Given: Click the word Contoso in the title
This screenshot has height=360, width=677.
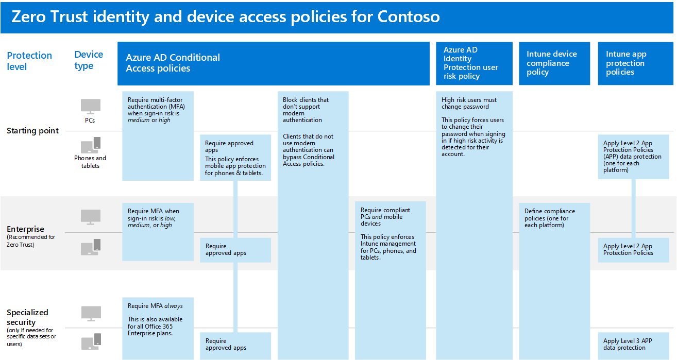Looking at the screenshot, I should pos(409,16).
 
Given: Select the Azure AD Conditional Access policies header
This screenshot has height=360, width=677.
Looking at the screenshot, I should pos(273,63).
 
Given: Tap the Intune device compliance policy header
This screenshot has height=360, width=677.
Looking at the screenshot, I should pos(554,63).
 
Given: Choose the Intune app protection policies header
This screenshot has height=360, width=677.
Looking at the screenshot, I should pos(635,63).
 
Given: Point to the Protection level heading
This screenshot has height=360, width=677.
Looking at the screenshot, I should pos(29,61).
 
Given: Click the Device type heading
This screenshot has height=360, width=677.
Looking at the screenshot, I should pos(88,60).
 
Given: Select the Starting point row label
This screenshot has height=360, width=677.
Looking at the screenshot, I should pos(32,131).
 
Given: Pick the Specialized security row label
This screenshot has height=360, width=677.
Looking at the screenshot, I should pos(28,317).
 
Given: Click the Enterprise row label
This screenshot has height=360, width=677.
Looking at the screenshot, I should pos(25,229).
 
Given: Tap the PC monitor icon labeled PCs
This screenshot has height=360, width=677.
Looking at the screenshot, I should pos(90,107).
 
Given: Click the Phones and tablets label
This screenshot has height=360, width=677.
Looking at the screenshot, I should pos(90,162).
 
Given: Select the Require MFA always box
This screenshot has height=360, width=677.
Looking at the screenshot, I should pos(158,328).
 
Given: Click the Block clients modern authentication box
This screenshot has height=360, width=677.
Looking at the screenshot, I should pos(313,225).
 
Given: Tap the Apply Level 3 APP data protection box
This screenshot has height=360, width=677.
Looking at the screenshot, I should pos(633,346).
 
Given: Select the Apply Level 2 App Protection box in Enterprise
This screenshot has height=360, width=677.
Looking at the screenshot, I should pos(633,250).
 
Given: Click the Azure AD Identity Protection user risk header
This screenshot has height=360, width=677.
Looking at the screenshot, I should pos(474,63).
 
